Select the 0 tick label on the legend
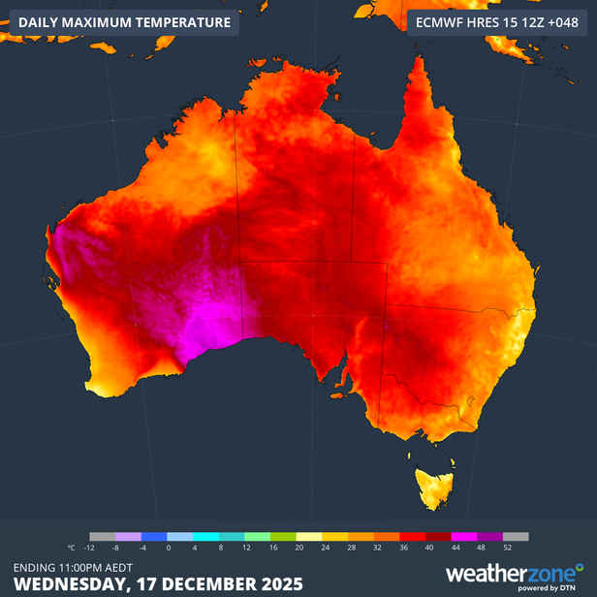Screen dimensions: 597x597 coord(167,548)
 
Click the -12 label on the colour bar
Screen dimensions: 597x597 coord(89,548)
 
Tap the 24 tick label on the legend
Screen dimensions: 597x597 coord(324,548)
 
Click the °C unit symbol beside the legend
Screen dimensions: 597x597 coord(71,548)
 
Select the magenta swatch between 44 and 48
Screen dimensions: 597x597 coord(465,536)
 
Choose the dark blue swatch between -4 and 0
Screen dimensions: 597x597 coord(153,536)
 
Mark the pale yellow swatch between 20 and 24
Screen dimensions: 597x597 coord(309,536)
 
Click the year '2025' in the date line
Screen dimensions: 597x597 coord(281,584)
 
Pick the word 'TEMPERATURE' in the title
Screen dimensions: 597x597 coord(180,22)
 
